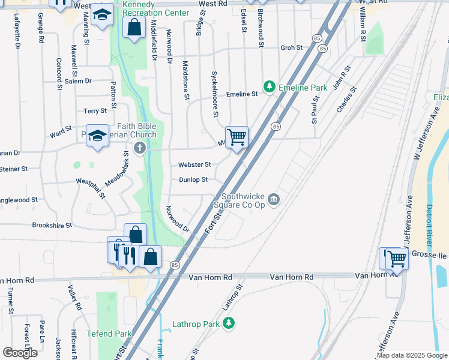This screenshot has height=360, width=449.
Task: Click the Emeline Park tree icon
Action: (270, 87)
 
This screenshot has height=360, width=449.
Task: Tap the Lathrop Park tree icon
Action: (228, 324)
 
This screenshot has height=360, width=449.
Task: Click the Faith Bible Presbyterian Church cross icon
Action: (139, 148)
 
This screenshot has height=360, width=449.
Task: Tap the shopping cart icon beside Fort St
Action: (237, 137)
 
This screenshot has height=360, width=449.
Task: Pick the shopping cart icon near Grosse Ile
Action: (397, 259)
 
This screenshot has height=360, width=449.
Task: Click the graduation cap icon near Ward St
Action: (97, 136)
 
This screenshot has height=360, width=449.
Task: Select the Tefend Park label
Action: (109, 334)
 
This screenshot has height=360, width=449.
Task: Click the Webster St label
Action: (194, 164)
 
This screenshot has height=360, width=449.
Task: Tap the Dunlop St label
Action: (193, 179)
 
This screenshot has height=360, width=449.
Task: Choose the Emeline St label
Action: (242, 94)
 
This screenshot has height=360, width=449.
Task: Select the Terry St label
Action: (95, 111)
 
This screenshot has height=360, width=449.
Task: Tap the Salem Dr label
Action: (78, 80)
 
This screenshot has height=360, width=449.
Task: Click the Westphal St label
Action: (91, 187)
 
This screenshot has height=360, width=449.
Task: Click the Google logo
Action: (20, 353)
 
